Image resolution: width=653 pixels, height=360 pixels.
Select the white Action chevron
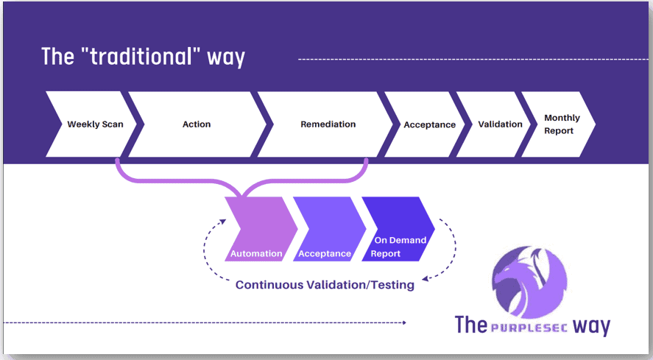click(197, 124)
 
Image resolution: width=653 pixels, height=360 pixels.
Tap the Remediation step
click(328, 124)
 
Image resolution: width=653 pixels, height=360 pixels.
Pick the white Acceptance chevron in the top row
click(429, 124)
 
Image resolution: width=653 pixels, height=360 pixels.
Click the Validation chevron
click(500, 124)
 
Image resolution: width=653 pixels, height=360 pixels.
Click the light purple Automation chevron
click(258, 230)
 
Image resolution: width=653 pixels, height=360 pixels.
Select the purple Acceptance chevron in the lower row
click(326, 230)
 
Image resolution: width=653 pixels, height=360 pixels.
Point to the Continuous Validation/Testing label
click(325, 284)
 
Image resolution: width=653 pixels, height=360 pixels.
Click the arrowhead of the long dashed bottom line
click(402, 322)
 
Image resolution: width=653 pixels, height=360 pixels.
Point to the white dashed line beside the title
click(471, 57)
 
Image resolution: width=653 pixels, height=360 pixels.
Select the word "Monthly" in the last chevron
click(562, 118)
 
